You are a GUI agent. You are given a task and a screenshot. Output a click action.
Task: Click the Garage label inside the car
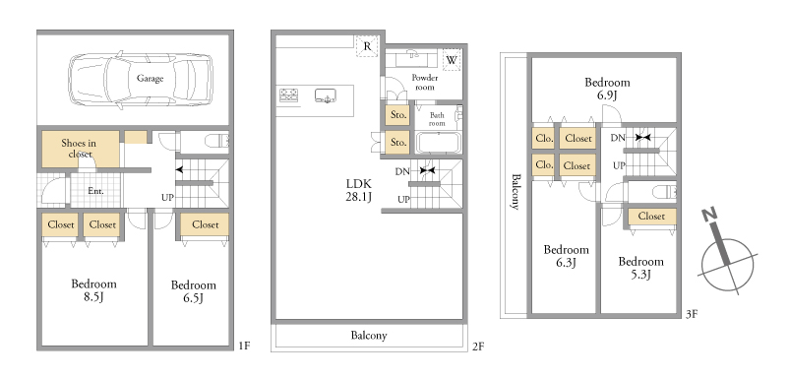tap(150, 78)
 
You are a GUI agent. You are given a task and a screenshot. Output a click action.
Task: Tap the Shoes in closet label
tap(79, 148)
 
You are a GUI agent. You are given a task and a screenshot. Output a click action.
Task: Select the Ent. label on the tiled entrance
tap(95, 191)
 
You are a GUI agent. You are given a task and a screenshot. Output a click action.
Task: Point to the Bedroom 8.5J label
tap(93, 290)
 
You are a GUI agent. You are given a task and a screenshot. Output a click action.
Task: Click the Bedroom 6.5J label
tap(193, 292)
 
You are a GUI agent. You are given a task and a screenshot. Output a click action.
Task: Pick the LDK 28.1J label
tap(358, 190)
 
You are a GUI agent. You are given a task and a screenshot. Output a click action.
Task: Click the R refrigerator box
tap(367, 46)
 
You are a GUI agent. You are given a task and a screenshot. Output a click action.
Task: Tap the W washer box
tap(452, 60)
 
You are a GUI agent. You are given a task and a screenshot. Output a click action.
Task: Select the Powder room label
tap(424, 82)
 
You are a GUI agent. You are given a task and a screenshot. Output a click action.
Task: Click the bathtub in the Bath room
tap(438, 143)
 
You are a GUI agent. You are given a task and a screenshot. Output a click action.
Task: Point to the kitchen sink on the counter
tap(325, 95)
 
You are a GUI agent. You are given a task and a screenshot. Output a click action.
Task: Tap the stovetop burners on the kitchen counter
tap(289, 95)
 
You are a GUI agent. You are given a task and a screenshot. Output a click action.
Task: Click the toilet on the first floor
tap(217, 141)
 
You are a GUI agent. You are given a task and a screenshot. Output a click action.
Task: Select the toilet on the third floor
tap(664, 191)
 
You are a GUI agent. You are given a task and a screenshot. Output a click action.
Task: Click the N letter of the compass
tap(710, 216)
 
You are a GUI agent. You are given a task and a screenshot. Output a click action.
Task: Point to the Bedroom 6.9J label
tap(607, 89)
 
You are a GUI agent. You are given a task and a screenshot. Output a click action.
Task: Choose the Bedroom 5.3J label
tap(641, 268)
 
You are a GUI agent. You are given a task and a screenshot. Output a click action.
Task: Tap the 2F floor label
tap(478, 346)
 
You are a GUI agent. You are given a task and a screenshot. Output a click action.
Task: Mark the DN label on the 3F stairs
tap(618, 138)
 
